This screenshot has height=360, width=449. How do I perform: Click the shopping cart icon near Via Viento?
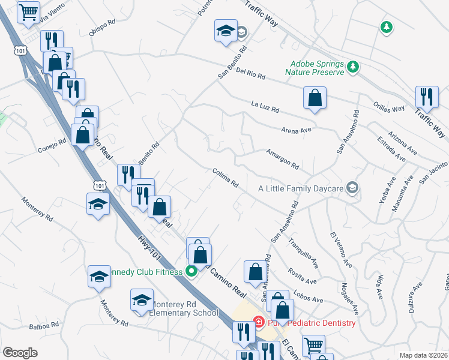tap(28, 12)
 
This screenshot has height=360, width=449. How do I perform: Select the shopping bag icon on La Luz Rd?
tap(315, 98)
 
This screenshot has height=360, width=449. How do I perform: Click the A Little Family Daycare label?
tap(300, 188)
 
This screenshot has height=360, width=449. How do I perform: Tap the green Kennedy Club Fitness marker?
tap(192, 272)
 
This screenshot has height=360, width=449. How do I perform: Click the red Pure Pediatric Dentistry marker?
tap(259, 323)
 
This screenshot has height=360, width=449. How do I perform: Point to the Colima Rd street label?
tap(226, 178)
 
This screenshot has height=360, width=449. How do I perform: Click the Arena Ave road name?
tap(296, 130)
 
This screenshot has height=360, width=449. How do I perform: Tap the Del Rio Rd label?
tap(250, 74)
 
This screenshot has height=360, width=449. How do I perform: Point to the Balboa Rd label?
tap(44, 326)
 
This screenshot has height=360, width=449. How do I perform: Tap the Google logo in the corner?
tap(20, 352)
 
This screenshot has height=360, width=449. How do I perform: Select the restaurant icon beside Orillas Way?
tap(427, 97)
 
